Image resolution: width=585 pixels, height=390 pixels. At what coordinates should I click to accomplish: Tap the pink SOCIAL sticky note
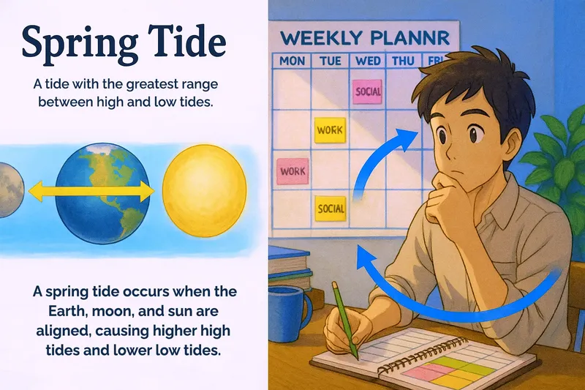(x=368, y=91)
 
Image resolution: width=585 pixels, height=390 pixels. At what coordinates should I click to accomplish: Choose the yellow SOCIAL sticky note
(x=331, y=209)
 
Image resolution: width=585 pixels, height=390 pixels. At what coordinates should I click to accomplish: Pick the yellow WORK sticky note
(x=330, y=130)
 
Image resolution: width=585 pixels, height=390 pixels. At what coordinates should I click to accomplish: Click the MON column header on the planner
(x=292, y=61)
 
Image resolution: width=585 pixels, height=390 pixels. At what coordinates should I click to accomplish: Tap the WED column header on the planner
(x=368, y=61)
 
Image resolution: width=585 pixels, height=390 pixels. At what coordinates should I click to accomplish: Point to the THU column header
(x=403, y=61)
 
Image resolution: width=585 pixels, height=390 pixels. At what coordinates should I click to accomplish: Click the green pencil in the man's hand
(x=344, y=321)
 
